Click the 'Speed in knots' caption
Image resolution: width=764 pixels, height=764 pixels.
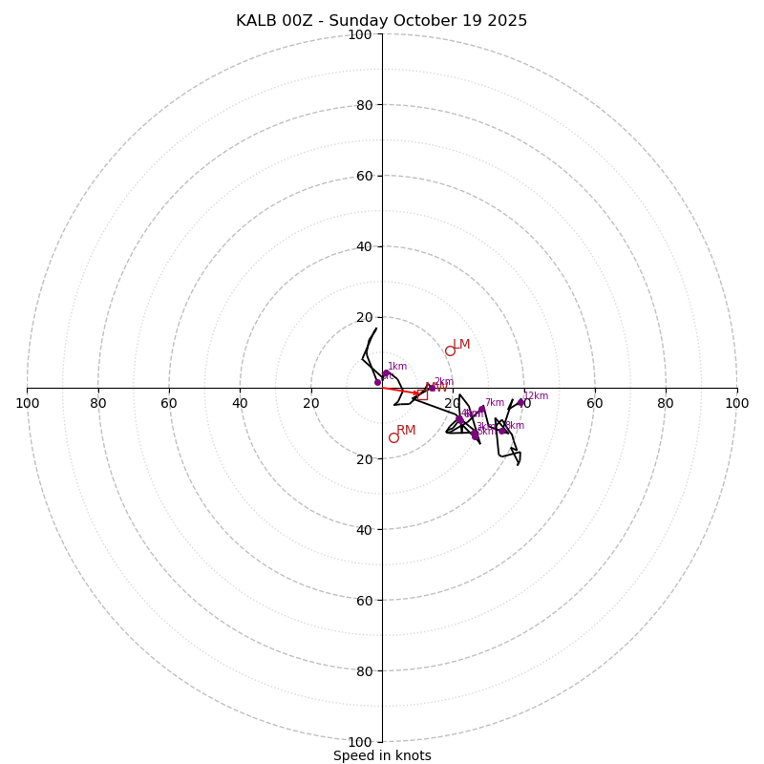382,755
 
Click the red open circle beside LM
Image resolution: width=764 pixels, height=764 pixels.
450,350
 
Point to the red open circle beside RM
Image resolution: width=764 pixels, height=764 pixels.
393,437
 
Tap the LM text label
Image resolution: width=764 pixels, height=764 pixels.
461,345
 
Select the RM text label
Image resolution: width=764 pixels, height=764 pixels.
406,431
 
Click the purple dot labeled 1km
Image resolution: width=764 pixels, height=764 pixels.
386,373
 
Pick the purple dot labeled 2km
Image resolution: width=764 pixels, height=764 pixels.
432,388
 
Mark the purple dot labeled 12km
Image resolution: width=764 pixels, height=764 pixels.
521,402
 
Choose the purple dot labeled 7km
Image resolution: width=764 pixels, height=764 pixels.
481,409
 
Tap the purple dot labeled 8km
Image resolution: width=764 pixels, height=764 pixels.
502,431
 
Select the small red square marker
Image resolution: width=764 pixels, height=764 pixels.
421,393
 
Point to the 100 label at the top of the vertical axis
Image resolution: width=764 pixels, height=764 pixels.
360,34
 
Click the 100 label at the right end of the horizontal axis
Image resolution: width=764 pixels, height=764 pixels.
736,403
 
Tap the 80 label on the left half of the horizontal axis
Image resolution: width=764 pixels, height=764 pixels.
98,403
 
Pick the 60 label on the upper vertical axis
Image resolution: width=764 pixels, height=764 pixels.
364,176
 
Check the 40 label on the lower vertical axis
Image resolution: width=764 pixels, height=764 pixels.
364,529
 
